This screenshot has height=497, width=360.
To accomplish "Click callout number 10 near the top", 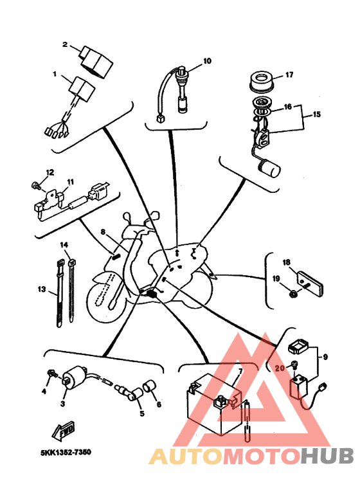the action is pyautogui.click(x=207, y=61).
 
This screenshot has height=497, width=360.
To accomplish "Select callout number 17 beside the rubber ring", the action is pyautogui.click(x=289, y=75).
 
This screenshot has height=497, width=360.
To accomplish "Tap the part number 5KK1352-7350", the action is pyautogui.click(x=66, y=452).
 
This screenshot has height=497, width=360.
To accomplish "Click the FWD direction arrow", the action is pyautogui.click(x=63, y=431).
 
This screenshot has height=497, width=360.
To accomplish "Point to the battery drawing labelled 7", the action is pyautogui.click(x=215, y=404).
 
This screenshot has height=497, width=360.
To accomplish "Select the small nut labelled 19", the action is pyautogui.click(x=293, y=294).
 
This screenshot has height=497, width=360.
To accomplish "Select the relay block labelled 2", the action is pyautogui.click(x=95, y=61).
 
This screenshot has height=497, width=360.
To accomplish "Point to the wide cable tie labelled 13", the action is pyautogui.click(x=60, y=294).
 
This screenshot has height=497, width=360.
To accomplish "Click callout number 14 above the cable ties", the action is pyautogui.click(x=64, y=245).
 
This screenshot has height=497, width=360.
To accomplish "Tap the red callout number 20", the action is pyautogui.click(x=280, y=368).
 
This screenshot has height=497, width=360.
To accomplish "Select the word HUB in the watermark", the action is pyautogui.click(x=327, y=456).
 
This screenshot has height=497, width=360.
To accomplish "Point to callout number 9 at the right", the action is pyautogui.click(x=326, y=357).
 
